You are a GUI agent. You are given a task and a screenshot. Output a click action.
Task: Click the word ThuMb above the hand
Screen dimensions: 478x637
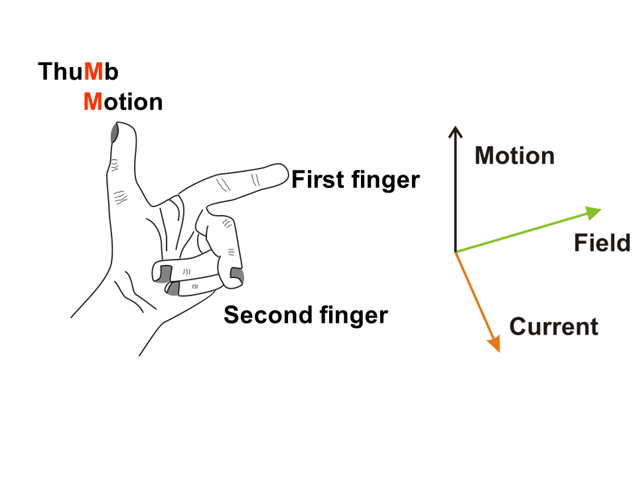[x=78, y=72]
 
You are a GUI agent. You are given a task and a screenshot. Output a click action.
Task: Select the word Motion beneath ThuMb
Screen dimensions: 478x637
[x=123, y=102]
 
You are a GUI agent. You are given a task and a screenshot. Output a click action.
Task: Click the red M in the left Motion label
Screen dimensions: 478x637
[x=93, y=102]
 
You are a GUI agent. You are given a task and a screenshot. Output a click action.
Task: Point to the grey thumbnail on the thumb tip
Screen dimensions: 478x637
[x=114, y=133]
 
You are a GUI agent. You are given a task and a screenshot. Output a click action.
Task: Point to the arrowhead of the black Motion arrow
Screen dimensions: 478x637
[x=455, y=131]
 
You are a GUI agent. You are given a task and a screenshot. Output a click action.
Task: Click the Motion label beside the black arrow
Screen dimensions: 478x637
[x=515, y=155]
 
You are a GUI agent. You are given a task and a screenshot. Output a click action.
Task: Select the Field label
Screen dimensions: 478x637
[x=602, y=243]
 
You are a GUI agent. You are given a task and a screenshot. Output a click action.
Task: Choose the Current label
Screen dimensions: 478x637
[x=553, y=327]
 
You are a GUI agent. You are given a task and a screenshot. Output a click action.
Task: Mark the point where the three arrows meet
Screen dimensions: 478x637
[x=455, y=252]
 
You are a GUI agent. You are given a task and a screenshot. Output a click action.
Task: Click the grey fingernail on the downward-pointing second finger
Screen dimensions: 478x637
[x=237, y=274]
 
